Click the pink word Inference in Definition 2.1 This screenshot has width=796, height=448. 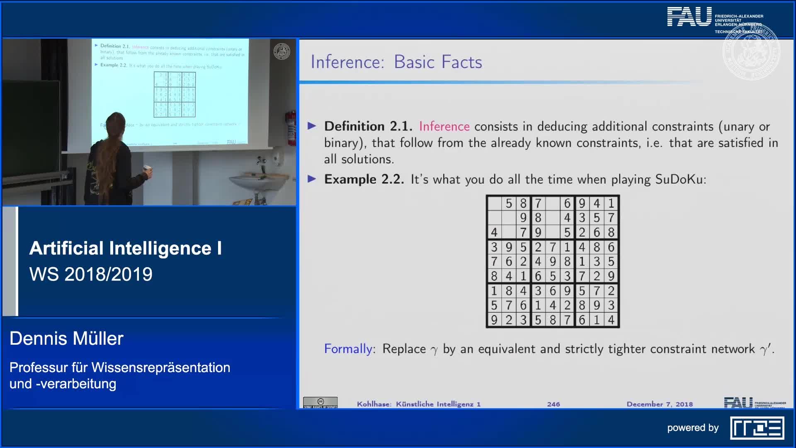pyautogui.click(x=444, y=126)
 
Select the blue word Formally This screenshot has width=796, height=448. pyautogui.click(x=348, y=349)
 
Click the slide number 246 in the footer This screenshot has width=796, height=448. pyautogui.click(x=553, y=404)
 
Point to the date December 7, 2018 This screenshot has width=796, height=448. pyautogui.click(x=659, y=404)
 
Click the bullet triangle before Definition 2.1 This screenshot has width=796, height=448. pyautogui.click(x=312, y=126)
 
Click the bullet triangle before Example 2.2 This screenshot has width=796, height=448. pyautogui.click(x=312, y=179)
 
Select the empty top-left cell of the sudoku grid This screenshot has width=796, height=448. pyautogui.click(x=494, y=203)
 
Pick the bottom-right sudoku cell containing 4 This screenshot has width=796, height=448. pyautogui.click(x=611, y=320)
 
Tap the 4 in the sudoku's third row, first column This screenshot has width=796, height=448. pyautogui.click(x=494, y=232)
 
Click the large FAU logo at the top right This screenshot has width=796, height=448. pyautogui.click(x=689, y=17)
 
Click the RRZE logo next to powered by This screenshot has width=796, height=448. pyautogui.click(x=757, y=428)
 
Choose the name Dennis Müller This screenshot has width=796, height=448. pyautogui.click(x=66, y=338)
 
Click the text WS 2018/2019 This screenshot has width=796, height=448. pyautogui.click(x=91, y=274)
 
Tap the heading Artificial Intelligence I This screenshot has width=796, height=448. pyautogui.click(x=125, y=248)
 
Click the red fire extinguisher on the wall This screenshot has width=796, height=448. pyautogui.click(x=291, y=128)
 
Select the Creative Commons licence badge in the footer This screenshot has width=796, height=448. pyautogui.click(x=320, y=402)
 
